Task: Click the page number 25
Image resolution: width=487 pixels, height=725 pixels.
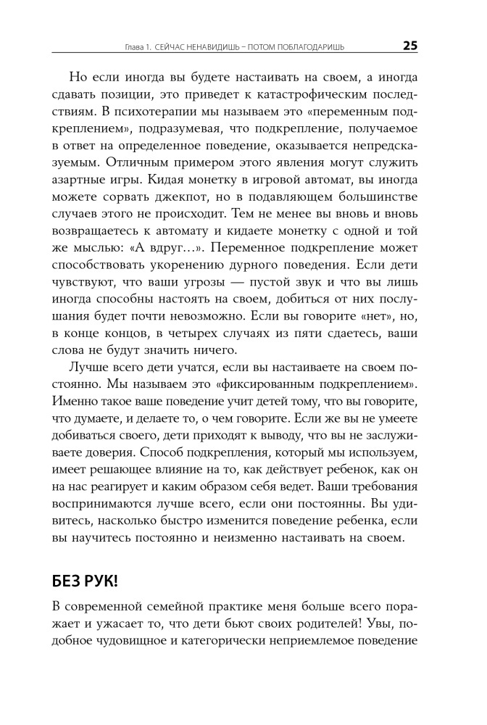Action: click(409, 46)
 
